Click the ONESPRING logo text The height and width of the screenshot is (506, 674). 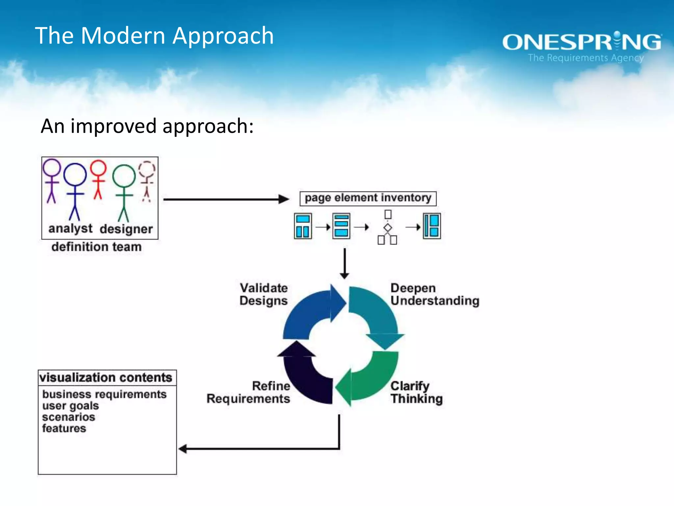click(582, 42)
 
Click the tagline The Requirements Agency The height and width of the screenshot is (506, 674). click(585, 58)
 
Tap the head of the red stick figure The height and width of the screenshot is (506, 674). click(98, 168)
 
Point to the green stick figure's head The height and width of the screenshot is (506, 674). click(124, 176)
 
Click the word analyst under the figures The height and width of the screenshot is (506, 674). click(70, 228)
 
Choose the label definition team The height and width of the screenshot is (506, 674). click(96, 247)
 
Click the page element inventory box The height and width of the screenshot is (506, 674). click(368, 198)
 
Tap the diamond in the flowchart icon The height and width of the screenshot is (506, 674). click(388, 228)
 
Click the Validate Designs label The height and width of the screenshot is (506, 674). click(264, 294)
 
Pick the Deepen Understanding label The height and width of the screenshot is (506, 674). click(434, 294)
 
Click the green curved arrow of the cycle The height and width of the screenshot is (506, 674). click(372, 379)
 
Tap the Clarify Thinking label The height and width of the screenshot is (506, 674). click(416, 392)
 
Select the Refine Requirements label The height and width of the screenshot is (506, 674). click(248, 392)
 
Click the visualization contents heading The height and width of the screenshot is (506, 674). click(106, 378)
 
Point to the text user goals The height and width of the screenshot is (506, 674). click(70, 406)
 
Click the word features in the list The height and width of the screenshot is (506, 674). click(64, 428)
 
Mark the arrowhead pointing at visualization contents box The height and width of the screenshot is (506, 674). click(183, 449)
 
